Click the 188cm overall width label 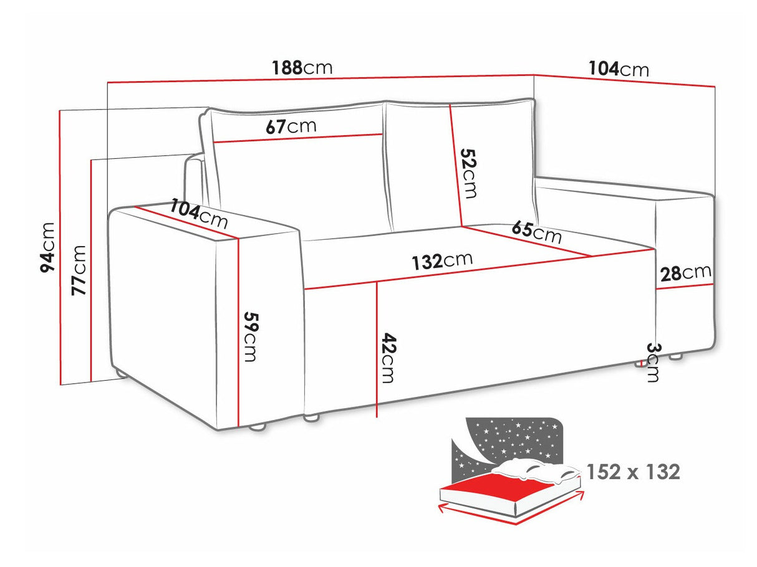click(302, 67)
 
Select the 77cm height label click(79, 270)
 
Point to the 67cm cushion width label click(291, 126)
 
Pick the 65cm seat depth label click(536, 232)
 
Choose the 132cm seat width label click(441, 260)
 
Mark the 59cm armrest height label click(249, 336)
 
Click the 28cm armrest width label click(686, 273)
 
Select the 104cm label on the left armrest click(199, 214)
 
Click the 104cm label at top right click(618, 69)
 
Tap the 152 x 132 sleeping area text click(633, 472)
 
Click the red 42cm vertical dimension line click(377, 349)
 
